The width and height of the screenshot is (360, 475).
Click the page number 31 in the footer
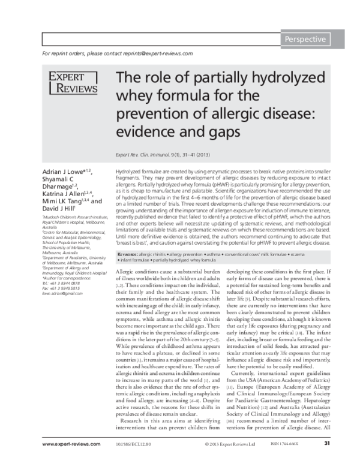coord(327,461)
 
